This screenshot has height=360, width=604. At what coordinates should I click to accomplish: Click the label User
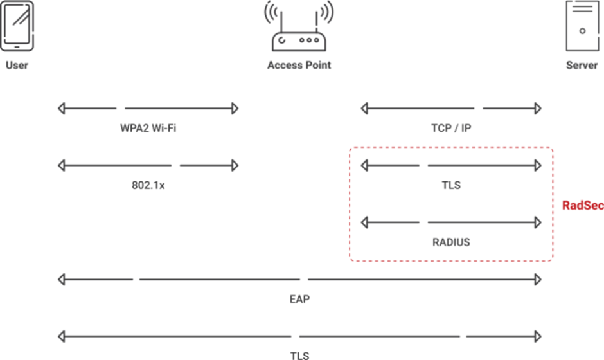click(x=17, y=66)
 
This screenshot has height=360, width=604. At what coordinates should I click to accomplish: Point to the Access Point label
click(x=299, y=66)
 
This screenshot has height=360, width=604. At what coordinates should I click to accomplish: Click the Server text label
click(x=582, y=66)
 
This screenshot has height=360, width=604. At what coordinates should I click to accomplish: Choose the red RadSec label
click(x=582, y=206)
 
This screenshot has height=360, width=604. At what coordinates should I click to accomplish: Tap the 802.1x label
click(x=148, y=186)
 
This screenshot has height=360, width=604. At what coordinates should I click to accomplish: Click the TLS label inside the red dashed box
click(x=451, y=186)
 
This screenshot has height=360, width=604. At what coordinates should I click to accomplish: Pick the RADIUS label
click(x=451, y=242)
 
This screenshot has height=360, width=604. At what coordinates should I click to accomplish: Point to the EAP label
click(x=299, y=299)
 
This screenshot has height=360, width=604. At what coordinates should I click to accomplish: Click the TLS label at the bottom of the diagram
click(x=299, y=355)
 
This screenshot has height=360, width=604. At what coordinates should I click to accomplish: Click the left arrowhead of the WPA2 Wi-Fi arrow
click(x=62, y=108)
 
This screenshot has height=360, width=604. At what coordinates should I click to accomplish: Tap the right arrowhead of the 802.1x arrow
click(x=235, y=166)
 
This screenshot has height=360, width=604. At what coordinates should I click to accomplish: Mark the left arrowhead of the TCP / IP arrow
click(x=365, y=108)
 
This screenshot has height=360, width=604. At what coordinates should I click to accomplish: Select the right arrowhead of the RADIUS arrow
click(x=538, y=222)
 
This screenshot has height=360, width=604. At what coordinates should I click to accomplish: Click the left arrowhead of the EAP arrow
click(x=62, y=280)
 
